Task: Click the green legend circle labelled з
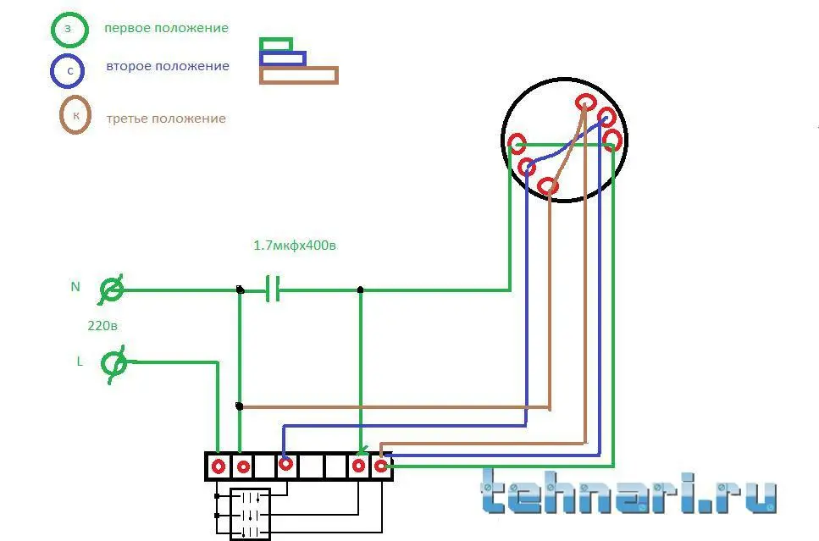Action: pyautogui.click(x=53, y=29)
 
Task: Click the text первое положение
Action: pyautogui.click(x=166, y=28)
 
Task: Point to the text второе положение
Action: pyautogui.click(x=168, y=66)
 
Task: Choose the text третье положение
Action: pyautogui.click(x=166, y=119)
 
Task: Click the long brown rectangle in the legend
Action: pyautogui.click(x=299, y=68)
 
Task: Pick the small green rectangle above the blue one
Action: pyautogui.click(x=276, y=39)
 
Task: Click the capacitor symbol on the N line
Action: pyautogui.click(x=273, y=289)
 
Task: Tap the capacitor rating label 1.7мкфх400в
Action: pyautogui.click(x=295, y=245)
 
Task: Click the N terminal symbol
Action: pyautogui.click(x=112, y=289)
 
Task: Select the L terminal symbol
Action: pyautogui.click(x=113, y=364)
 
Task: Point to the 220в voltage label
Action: pyautogui.click(x=102, y=326)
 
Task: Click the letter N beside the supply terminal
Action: pyautogui.click(x=75, y=287)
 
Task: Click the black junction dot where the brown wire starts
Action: pyautogui.click(x=239, y=406)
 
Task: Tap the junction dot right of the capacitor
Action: pyautogui.click(x=360, y=290)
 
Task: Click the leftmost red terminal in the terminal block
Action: pyautogui.click(x=219, y=466)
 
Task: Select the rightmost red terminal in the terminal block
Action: pyautogui.click(x=381, y=466)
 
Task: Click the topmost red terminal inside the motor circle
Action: pyautogui.click(x=585, y=102)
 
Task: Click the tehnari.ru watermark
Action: pyautogui.click(x=629, y=491)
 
